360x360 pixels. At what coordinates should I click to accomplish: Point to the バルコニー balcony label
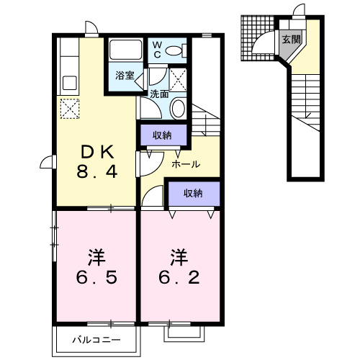[95, 339]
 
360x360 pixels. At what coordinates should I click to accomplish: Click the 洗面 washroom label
[159, 93]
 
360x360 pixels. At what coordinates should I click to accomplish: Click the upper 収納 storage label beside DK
[162, 134]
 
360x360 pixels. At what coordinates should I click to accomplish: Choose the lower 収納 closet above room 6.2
[192, 193]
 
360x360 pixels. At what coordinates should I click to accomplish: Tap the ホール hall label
[186, 164]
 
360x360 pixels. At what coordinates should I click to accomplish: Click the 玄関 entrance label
[292, 40]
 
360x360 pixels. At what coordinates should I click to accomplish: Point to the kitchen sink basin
[70, 81]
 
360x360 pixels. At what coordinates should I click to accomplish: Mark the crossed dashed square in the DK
[70, 109]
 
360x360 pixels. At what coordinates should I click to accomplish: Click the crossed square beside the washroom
[179, 78]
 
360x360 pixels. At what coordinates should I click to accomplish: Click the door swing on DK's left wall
[47, 163]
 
